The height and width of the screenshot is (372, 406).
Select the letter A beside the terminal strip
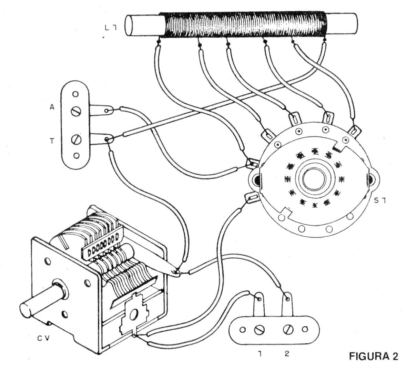(52, 107)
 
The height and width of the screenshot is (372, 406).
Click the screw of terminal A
(76, 111)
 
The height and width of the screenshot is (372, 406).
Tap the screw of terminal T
(76, 140)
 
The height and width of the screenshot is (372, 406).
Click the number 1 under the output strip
(258, 353)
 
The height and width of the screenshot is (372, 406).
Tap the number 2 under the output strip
(287, 353)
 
